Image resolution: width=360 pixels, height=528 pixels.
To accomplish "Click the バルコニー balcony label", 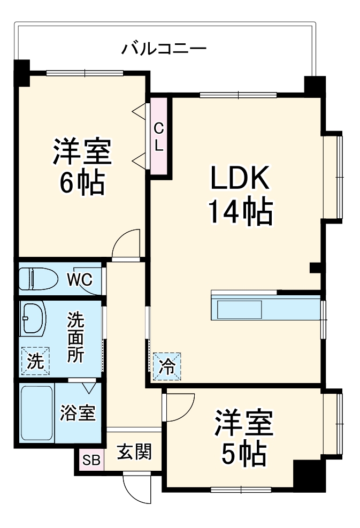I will (163, 49).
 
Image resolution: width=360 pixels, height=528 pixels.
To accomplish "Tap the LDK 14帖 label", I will (240, 195).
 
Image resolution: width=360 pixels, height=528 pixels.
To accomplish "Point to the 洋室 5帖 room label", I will (244, 438).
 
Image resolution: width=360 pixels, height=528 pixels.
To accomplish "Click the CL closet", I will (159, 136).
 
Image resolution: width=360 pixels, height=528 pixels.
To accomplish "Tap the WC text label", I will (79, 279).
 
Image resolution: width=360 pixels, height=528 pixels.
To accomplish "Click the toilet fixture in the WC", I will (39, 279).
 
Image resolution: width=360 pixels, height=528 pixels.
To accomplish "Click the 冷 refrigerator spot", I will (167, 366).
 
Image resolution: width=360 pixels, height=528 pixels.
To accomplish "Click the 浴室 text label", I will (78, 413).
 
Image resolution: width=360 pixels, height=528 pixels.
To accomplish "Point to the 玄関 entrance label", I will (134, 453).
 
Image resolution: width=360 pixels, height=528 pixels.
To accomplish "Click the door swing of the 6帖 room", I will (127, 243).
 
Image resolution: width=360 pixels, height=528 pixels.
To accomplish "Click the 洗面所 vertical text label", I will (75, 338).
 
